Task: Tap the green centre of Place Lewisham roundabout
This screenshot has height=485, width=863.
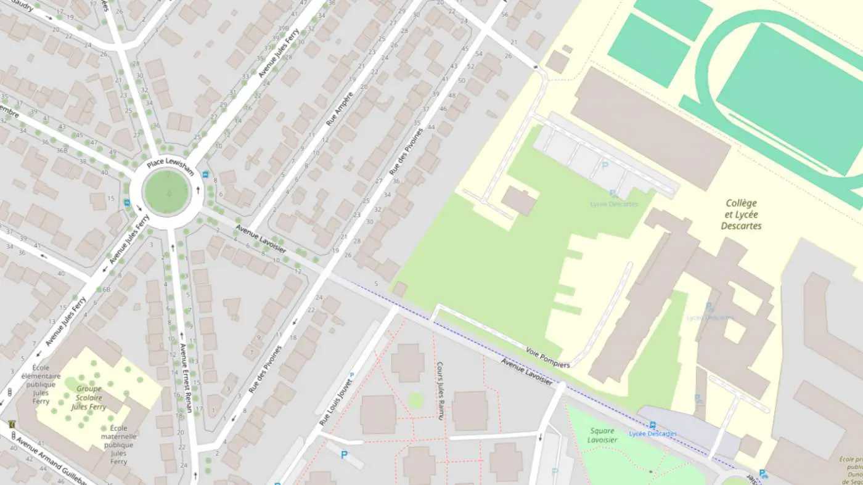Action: (x=166, y=192)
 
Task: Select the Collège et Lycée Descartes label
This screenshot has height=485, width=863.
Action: (x=741, y=214)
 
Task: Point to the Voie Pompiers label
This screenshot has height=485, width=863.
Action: (x=547, y=357)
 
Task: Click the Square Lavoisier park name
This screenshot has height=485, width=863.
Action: (x=602, y=435)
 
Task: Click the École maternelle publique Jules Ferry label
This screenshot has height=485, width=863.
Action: (x=118, y=444)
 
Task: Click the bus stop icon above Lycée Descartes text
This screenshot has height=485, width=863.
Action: (x=653, y=425)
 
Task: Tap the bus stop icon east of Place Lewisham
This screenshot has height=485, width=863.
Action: (x=205, y=174)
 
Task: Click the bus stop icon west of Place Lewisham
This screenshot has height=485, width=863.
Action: (x=127, y=202)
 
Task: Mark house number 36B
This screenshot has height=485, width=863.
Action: (x=62, y=150)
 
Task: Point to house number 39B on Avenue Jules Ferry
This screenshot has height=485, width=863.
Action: (x=283, y=28)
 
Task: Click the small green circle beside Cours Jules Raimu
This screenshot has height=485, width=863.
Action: (x=416, y=401)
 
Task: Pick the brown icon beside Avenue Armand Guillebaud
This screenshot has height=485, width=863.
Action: (x=12, y=424)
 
